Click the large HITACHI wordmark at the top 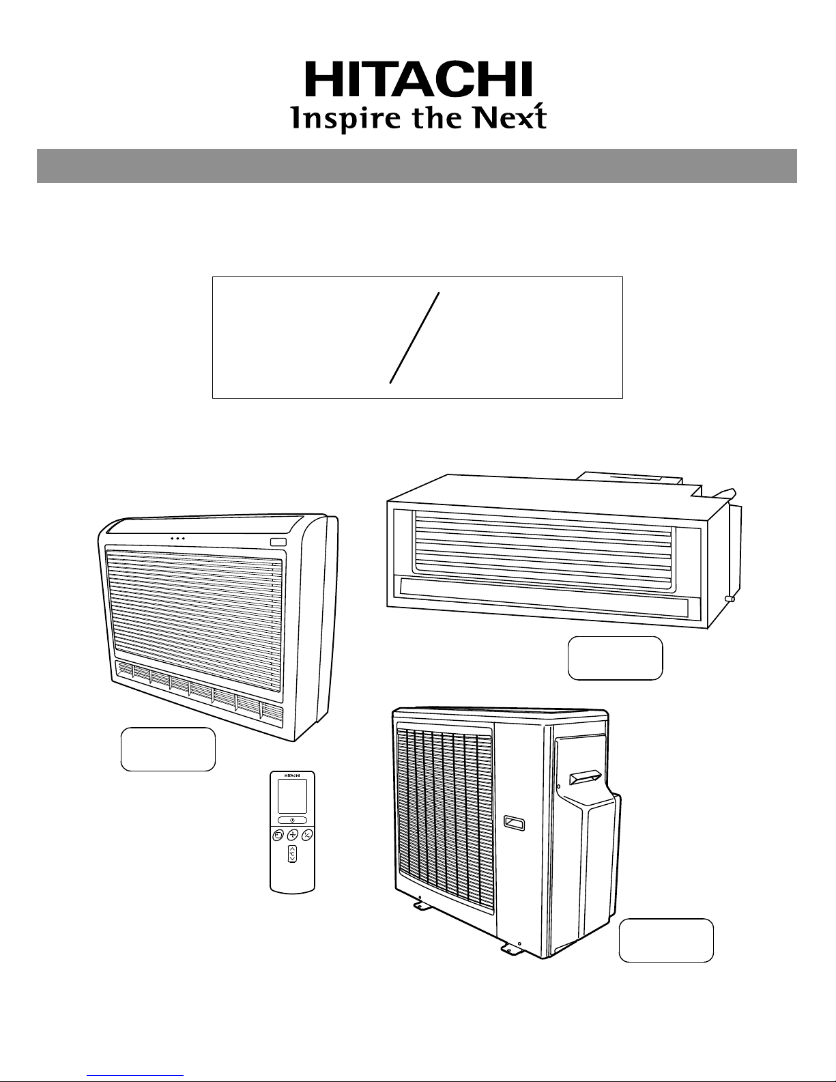pos(418,79)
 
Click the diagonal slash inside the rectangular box pos(414,338)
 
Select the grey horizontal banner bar pos(417,166)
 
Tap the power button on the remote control pos(292,820)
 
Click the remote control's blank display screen pos(292,796)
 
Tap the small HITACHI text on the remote pos(292,775)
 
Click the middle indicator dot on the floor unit pos(177,539)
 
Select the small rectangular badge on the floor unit pos(278,543)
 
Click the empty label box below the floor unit pos(168,750)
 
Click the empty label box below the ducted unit pos(615,658)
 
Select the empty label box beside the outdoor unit pos(666,941)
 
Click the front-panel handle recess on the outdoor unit pos(514,823)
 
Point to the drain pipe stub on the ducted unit pos(730,599)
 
